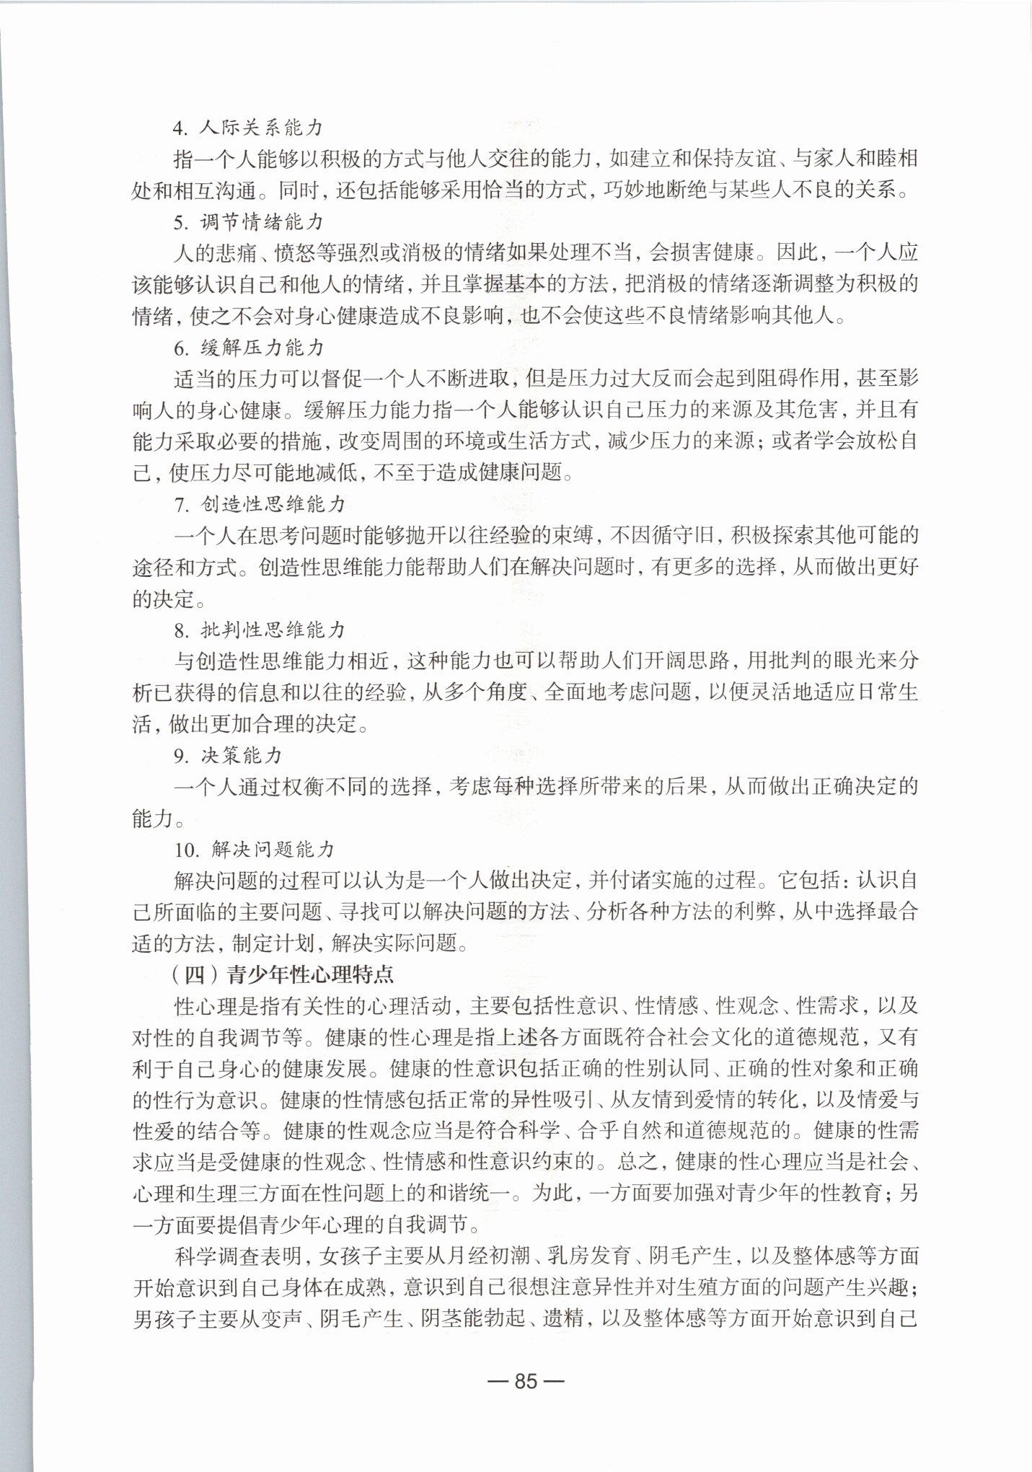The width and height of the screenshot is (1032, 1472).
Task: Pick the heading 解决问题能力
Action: click(x=274, y=849)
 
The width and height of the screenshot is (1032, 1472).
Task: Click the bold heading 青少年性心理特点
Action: click(x=310, y=975)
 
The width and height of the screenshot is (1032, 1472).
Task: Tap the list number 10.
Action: click(x=185, y=850)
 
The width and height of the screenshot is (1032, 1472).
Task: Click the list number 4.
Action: click(x=180, y=128)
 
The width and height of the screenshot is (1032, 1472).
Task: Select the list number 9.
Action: click(x=180, y=756)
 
